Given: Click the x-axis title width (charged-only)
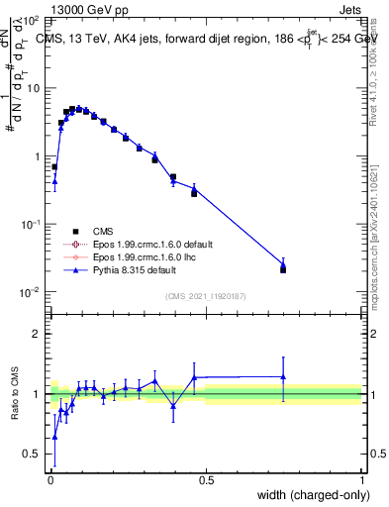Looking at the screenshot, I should point(307,494).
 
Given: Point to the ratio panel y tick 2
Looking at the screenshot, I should point(37,334).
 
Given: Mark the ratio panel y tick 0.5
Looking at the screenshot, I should point(34,455).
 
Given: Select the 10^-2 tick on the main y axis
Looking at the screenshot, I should point(32,292).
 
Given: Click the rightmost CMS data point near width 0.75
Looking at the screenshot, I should point(283,269).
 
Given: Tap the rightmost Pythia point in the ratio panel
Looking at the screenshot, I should point(283,376).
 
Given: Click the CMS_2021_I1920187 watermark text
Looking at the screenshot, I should point(206,296).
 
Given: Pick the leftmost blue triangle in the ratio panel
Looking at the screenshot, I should point(54,436).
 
